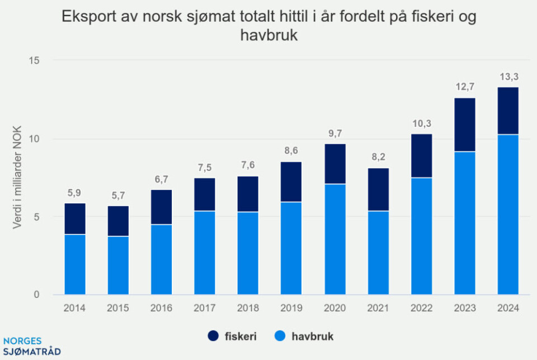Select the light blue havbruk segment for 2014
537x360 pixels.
coord(75,264)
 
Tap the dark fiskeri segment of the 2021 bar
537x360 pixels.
coord(378,190)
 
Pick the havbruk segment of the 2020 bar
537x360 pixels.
coord(335,239)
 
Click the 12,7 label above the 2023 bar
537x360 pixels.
coord(465,88)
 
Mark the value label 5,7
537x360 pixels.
coord(118,196)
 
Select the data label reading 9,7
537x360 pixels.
coord(335,134)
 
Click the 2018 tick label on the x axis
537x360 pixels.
coord(248,308)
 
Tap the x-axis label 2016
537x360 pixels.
coord(162,308)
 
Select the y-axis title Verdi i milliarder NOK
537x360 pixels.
coord(17,177)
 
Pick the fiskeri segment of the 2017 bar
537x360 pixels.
coord(205,195)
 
